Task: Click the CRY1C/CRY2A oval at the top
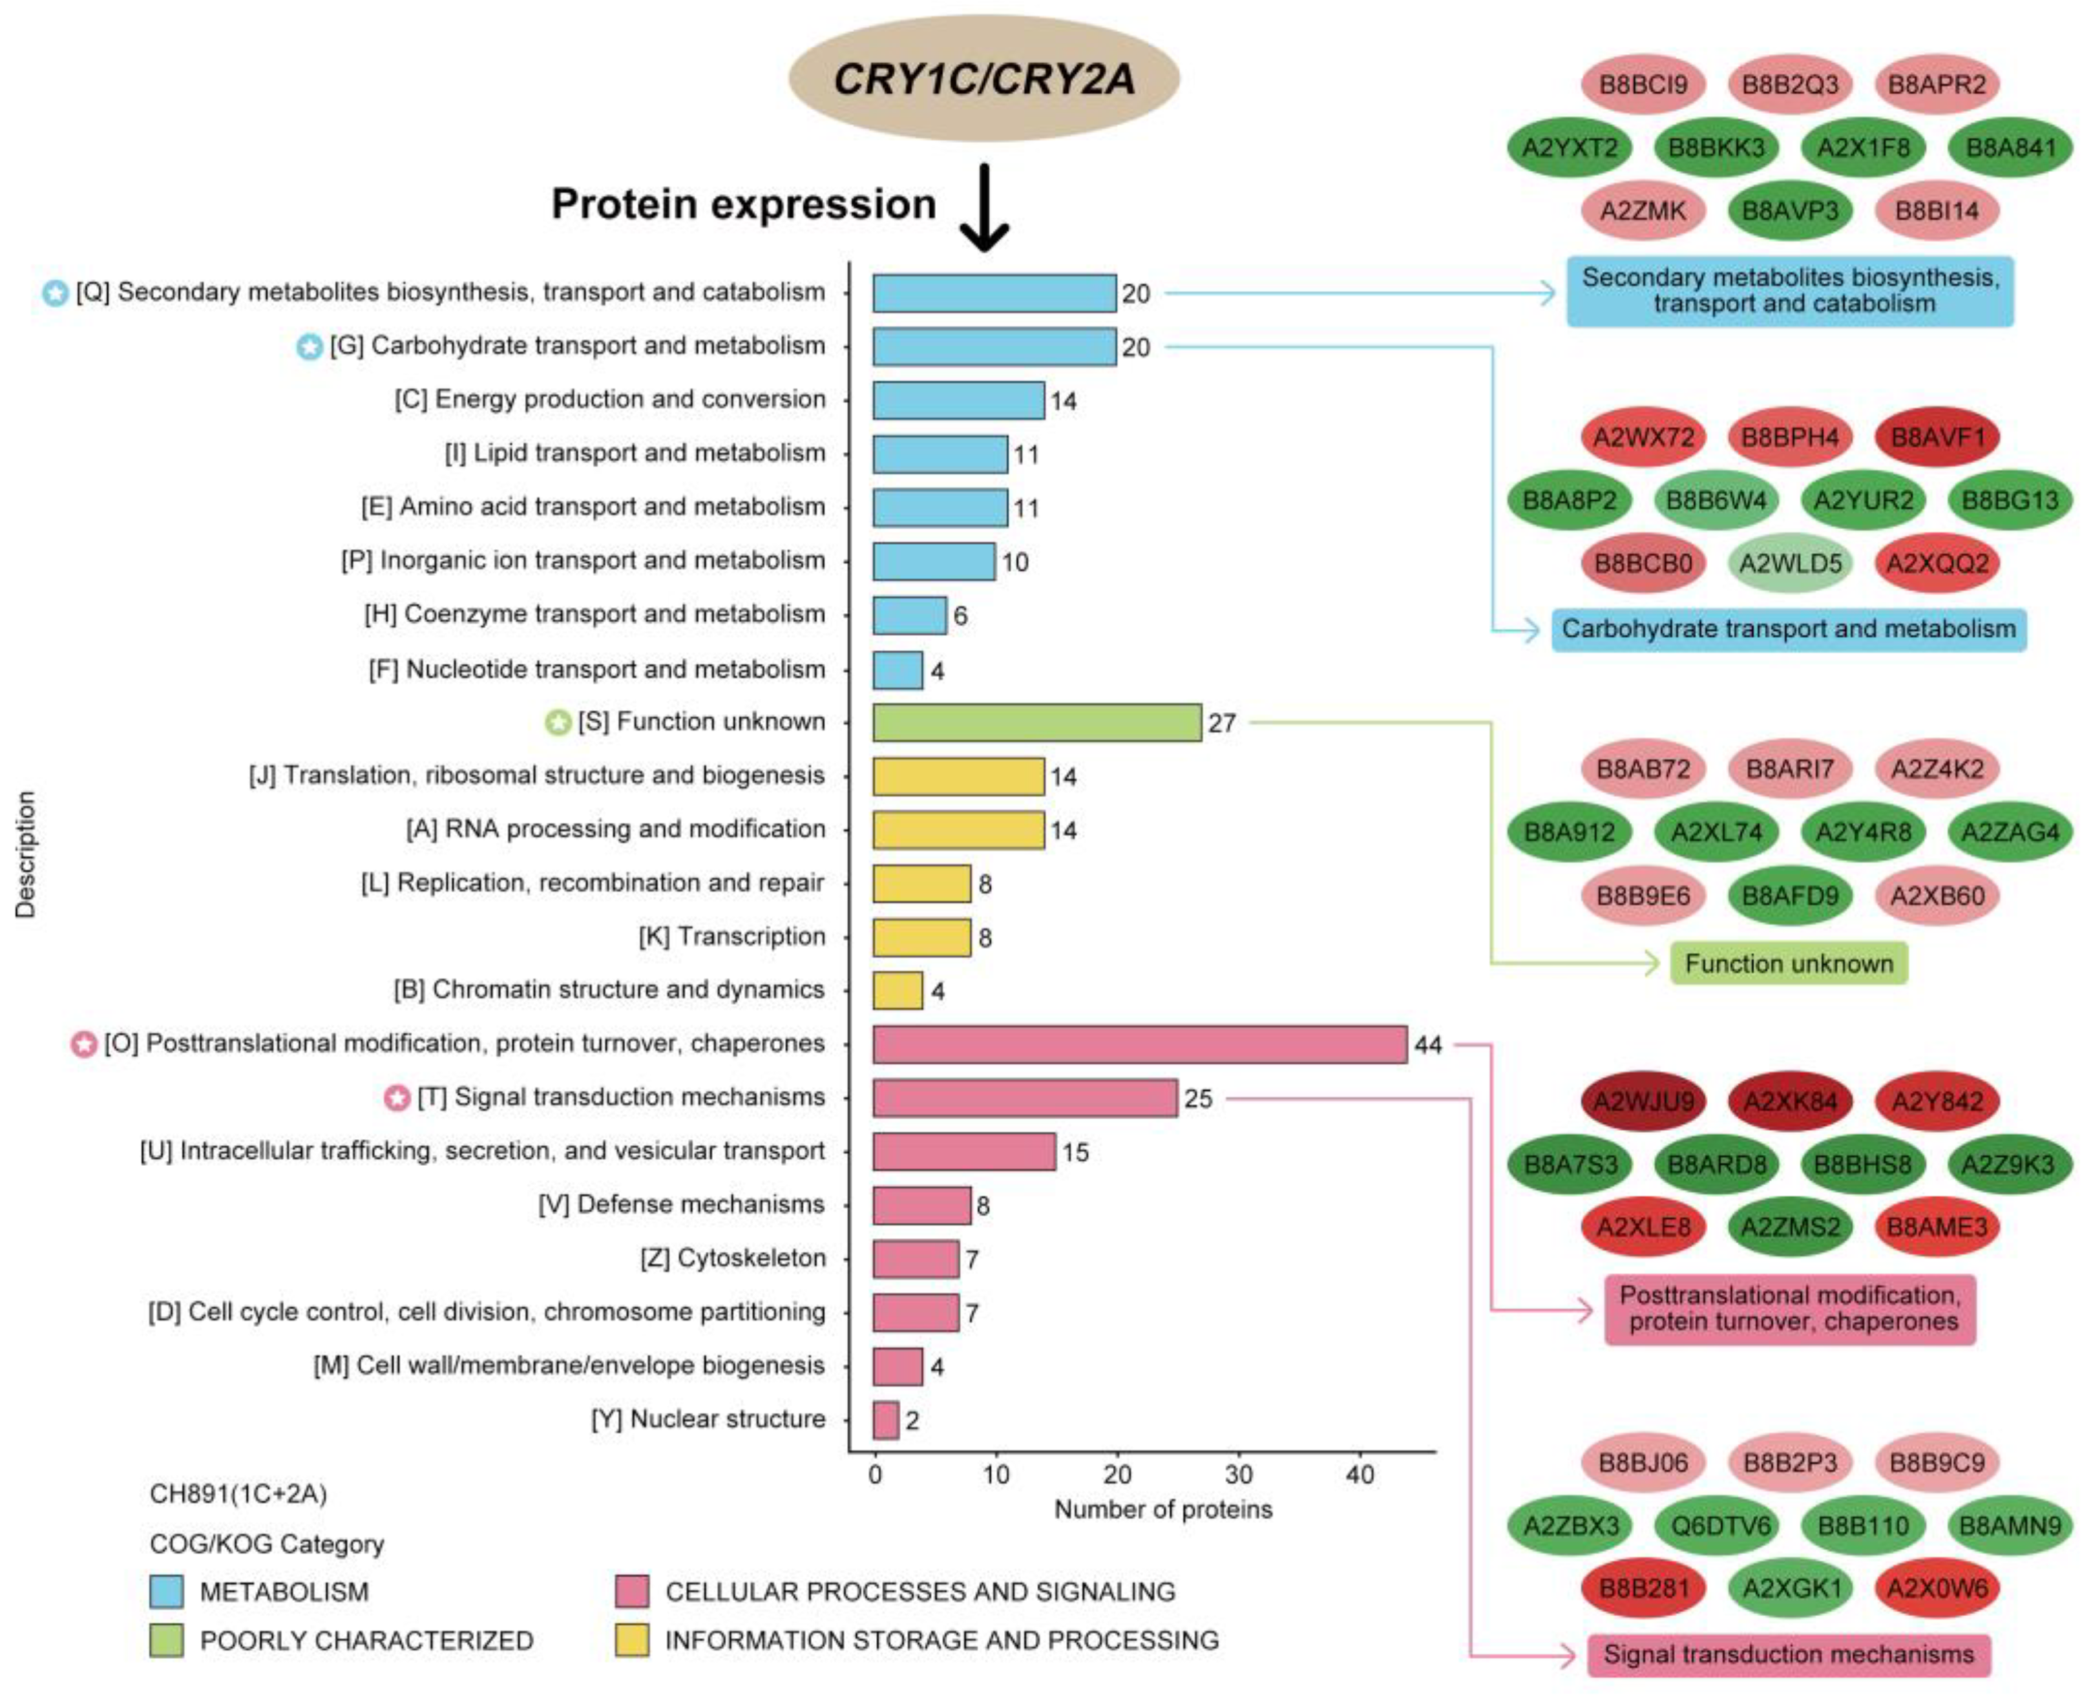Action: [983, 78]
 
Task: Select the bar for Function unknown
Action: [1036, 722]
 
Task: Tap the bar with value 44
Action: [1139, 1044]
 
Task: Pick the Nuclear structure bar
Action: [885, 1419]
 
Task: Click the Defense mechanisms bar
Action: [921, 1205]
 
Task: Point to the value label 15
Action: [1075, 1152]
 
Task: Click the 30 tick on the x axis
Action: [1239, 1474]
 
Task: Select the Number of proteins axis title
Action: [1163, 1510]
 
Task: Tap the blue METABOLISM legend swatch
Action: [166, 1592]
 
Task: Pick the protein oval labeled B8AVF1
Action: [1937, 437]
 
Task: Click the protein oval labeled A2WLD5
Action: [1790, 563]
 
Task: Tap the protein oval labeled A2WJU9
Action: [1643, 1102]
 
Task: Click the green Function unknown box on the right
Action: [1789, 964]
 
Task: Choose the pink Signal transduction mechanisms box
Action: [1789, 1654]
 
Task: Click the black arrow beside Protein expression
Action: [984, 207]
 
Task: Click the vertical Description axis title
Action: [25, 854]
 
